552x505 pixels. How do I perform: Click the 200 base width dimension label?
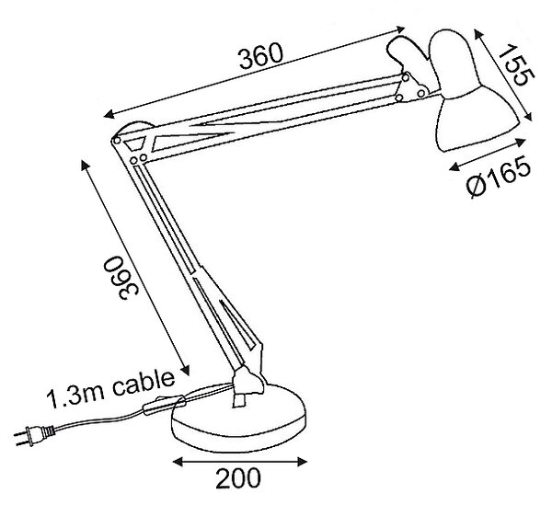[x=238, y=478]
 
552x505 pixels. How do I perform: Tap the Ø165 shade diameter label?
[x=499, y=176]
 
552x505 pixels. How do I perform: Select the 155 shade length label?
[x=516, y=64]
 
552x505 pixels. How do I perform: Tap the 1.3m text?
[x=75, y=397]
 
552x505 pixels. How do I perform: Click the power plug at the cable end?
[x=33, y=435]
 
